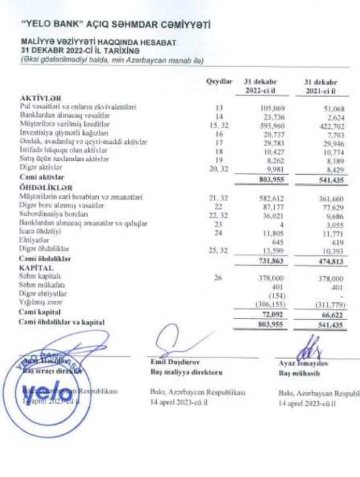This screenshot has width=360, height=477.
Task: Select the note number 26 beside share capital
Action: [x=218, y=279]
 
